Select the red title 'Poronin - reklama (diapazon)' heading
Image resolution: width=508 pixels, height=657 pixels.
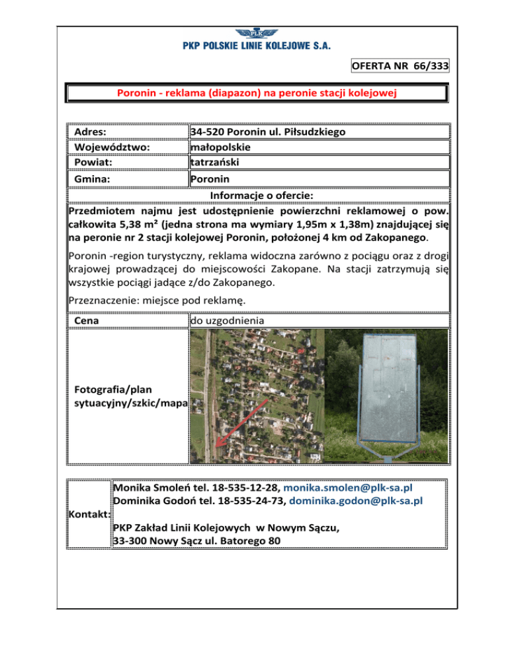pyautogui.click(x=257, y=93)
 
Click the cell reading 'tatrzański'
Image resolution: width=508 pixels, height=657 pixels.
pyautogui.click(x=214, y=162)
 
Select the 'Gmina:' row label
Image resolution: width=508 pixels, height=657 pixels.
pyautogui.click(x=93, y=178)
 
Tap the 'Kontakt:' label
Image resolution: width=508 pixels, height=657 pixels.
pyautogui.click(x=90, y=514)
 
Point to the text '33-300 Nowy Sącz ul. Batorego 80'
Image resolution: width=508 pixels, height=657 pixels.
pyautogui.click(x=196, y=541)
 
